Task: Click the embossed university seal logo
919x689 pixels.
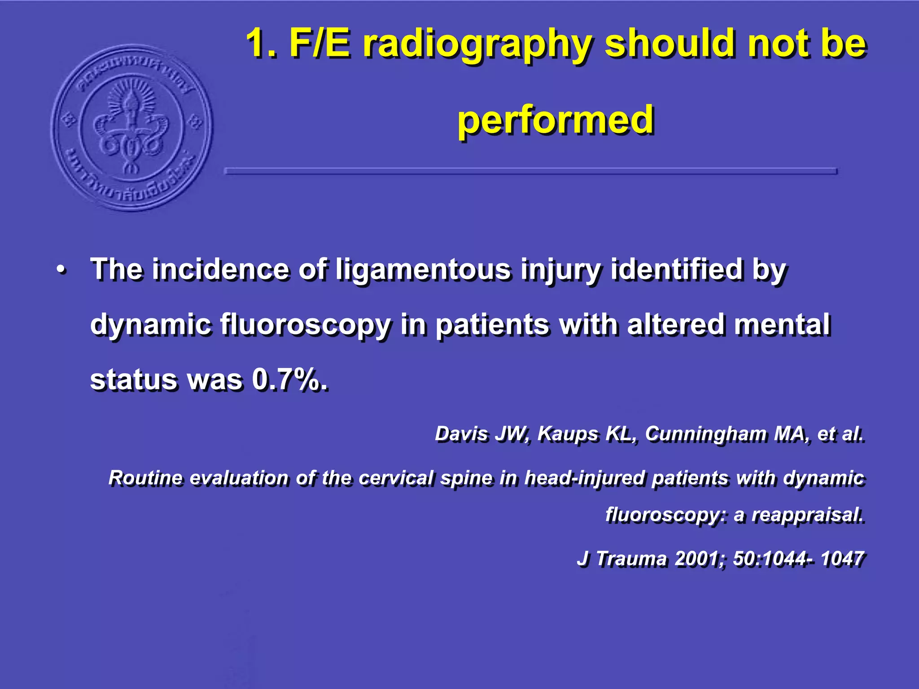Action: [131, 128]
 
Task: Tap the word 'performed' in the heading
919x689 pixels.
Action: [555, 120]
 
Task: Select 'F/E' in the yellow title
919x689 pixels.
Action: [319, 43]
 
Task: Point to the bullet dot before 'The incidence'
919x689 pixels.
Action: [61, 270]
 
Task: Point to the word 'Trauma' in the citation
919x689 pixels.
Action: [631, 558]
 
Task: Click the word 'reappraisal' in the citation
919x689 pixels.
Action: [807, 515]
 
